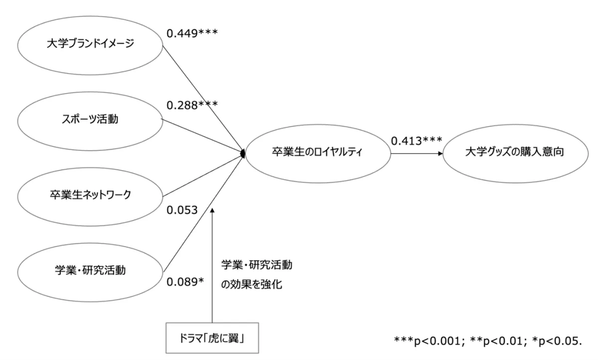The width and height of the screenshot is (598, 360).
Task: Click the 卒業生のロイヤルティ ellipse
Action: coord(317,153)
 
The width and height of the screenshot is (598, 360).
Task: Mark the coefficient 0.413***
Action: coord(417,141)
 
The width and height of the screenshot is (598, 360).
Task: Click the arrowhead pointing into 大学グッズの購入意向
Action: coord(440,153)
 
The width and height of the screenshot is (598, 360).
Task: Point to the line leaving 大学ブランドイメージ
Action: coord(199,94)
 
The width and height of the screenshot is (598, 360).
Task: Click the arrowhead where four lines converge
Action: coord(243,153)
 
